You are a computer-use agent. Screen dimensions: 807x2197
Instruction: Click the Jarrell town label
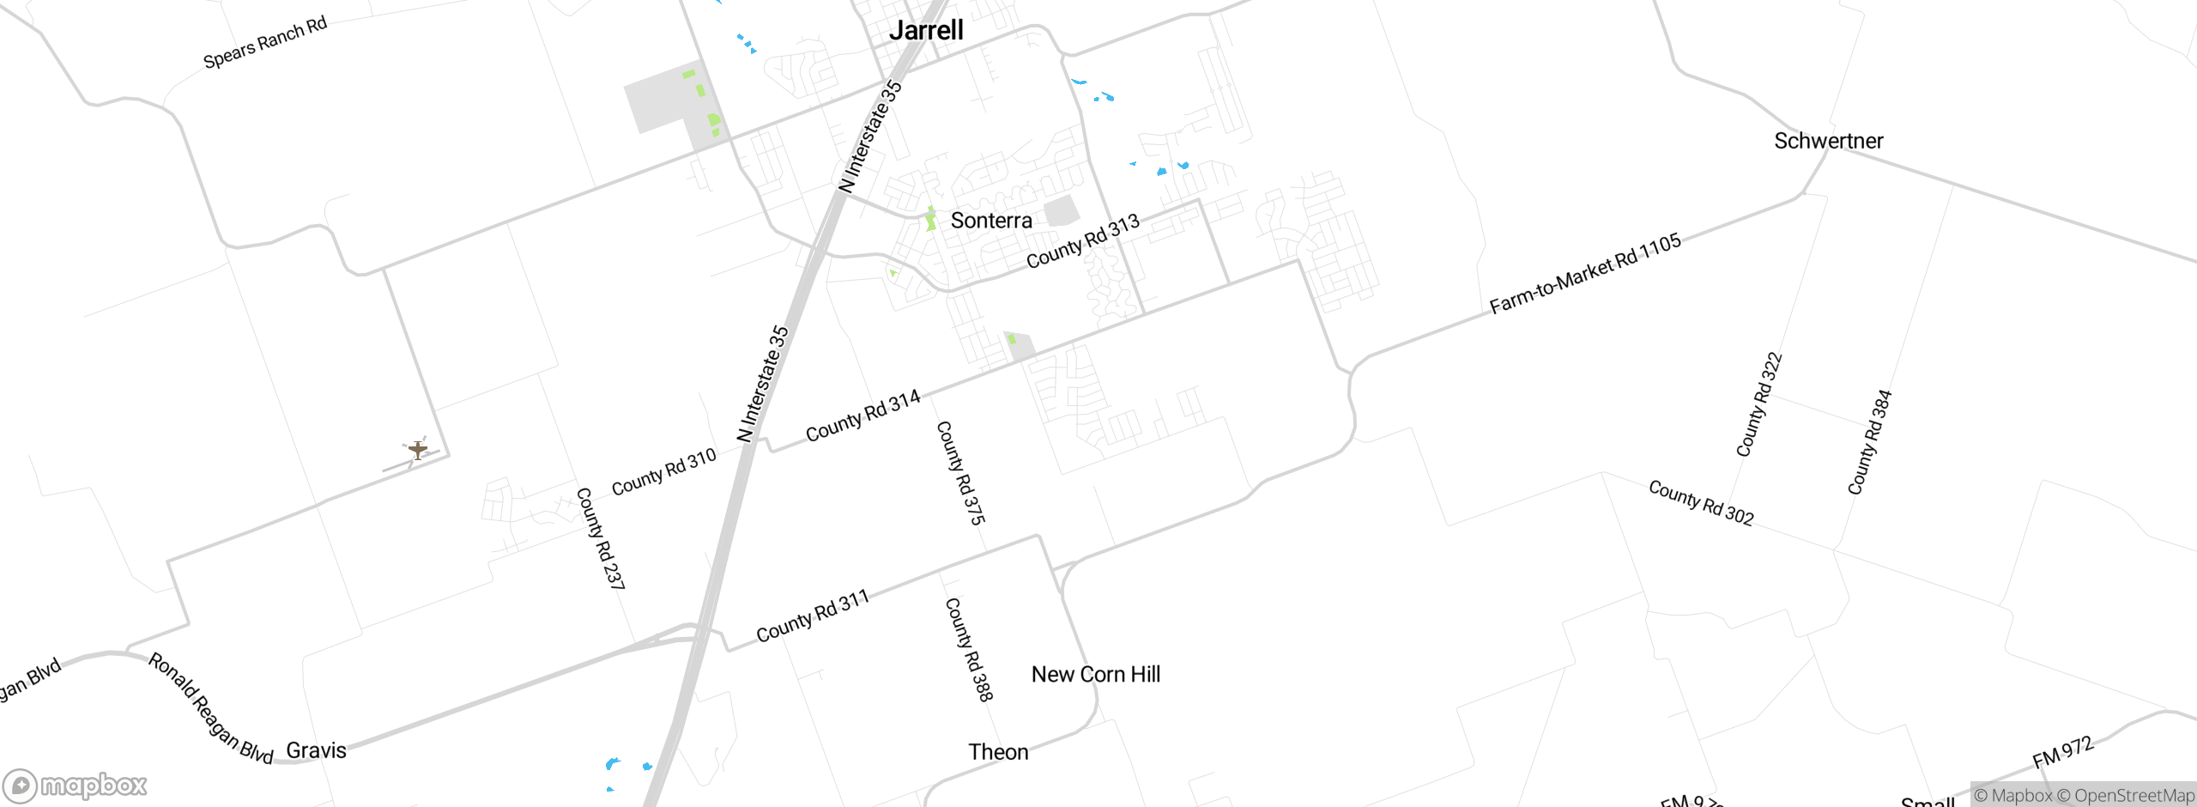coord(926,31)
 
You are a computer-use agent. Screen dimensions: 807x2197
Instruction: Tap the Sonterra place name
coord(991,221)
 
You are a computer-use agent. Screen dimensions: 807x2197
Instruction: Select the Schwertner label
coord(1828,141)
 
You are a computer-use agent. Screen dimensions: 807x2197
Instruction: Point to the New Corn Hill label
coord(1095,675)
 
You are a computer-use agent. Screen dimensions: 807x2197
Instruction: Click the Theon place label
coord(998,752)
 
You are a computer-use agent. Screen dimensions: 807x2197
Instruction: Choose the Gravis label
coord(316,750)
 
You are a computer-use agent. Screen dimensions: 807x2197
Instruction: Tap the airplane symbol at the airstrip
coord(418,449)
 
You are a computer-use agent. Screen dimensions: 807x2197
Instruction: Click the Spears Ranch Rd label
coord(265,42)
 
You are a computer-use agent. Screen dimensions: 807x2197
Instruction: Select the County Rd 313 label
coord(1083,241)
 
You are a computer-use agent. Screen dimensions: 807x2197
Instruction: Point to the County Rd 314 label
coord(862,416)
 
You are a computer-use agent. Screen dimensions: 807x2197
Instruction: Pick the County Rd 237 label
coord(600,538)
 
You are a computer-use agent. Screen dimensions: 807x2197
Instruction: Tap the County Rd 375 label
coord(960,472)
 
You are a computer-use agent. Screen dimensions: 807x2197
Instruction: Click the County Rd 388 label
coord(969,649)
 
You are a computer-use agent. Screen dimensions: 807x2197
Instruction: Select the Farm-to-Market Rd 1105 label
coord(1584,274)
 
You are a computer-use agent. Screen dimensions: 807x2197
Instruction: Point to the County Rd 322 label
coord(1759,404)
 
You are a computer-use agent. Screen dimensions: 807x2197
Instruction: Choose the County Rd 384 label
coord(1869,442)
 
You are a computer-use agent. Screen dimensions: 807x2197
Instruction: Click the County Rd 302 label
coord(1701,503)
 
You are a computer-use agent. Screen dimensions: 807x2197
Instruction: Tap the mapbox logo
coord(76,786)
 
